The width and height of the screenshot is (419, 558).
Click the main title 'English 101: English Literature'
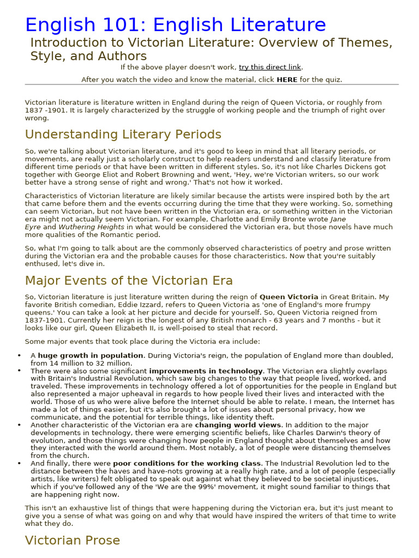point(175,25)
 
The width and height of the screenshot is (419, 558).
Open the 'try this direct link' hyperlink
point(270,67)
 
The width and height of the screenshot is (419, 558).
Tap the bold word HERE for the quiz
point(287,80)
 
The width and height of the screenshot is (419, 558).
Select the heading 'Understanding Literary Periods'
point(123,135)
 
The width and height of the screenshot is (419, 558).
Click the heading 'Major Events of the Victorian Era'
point(129,281)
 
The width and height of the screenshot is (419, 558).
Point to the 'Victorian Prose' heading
point(73,541)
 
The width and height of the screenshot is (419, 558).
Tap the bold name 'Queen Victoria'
point(289,297)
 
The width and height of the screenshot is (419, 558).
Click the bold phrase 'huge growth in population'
point(91,355)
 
